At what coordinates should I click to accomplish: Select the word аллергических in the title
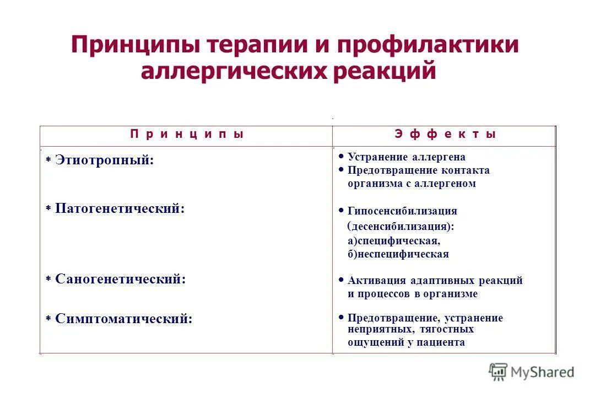[233, 72]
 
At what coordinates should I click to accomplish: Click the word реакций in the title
[384, 72]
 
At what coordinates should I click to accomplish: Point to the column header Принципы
[187, 134]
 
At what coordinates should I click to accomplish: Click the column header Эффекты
[445, 134]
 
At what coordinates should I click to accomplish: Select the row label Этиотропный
[104, 160]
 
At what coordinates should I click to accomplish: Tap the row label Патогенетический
[120, 209]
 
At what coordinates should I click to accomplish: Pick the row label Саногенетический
[120, 279]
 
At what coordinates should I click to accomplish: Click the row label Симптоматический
[123, 319]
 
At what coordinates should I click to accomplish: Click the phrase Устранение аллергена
[407, 157]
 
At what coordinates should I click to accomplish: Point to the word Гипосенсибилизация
[402, 211]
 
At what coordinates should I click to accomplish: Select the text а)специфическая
[394, 241]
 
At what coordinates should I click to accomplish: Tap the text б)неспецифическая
[398, 254]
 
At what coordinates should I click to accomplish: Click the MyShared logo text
[542, 372]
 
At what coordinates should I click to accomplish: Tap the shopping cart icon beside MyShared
[499, 372]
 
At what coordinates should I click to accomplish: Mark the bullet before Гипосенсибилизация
[342, 210]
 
